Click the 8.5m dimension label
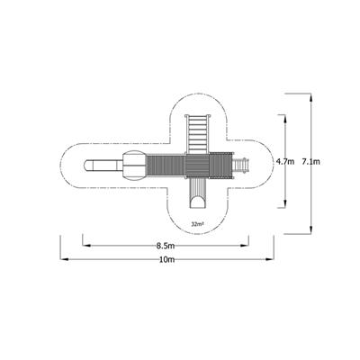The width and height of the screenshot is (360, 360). pos(165,245)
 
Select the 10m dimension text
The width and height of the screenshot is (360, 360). pos(166,260)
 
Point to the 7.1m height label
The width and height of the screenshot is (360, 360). pos(311,162)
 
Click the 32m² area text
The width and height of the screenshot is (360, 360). pos(195,222)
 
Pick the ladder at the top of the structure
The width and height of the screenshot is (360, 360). pos(196,132)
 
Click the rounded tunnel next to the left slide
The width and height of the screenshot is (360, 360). pos(133,166)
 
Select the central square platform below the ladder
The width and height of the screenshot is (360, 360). pos(196,166)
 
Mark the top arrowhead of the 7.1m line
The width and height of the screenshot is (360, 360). pos(311,93)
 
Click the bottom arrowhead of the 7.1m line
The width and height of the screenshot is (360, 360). pos(311,233)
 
